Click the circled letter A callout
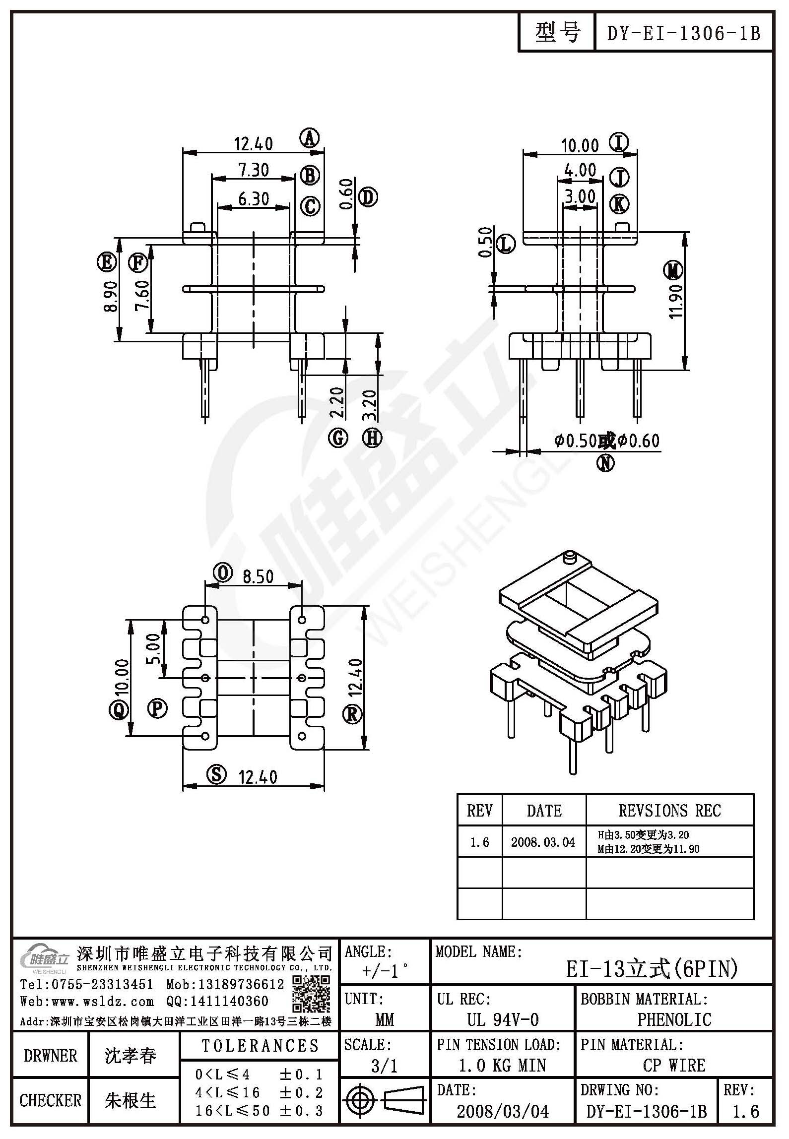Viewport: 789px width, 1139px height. pos(310,138)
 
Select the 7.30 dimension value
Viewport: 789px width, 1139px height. pos(254,170)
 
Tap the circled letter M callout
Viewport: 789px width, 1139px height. pos(673,271)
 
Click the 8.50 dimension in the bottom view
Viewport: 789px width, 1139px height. pos(258,576)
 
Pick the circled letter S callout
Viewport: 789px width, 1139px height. pos(216,774)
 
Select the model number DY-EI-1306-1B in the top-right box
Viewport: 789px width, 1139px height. pos(684,33)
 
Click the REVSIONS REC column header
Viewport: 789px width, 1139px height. pos(669,811)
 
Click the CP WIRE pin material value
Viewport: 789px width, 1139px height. pos(674,1065)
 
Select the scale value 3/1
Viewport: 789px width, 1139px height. pos(385,1066)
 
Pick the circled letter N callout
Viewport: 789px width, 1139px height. pos(605,463)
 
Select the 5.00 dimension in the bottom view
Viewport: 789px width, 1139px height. pos(154,648)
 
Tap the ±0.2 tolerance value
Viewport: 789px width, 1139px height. pos(301,1092)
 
